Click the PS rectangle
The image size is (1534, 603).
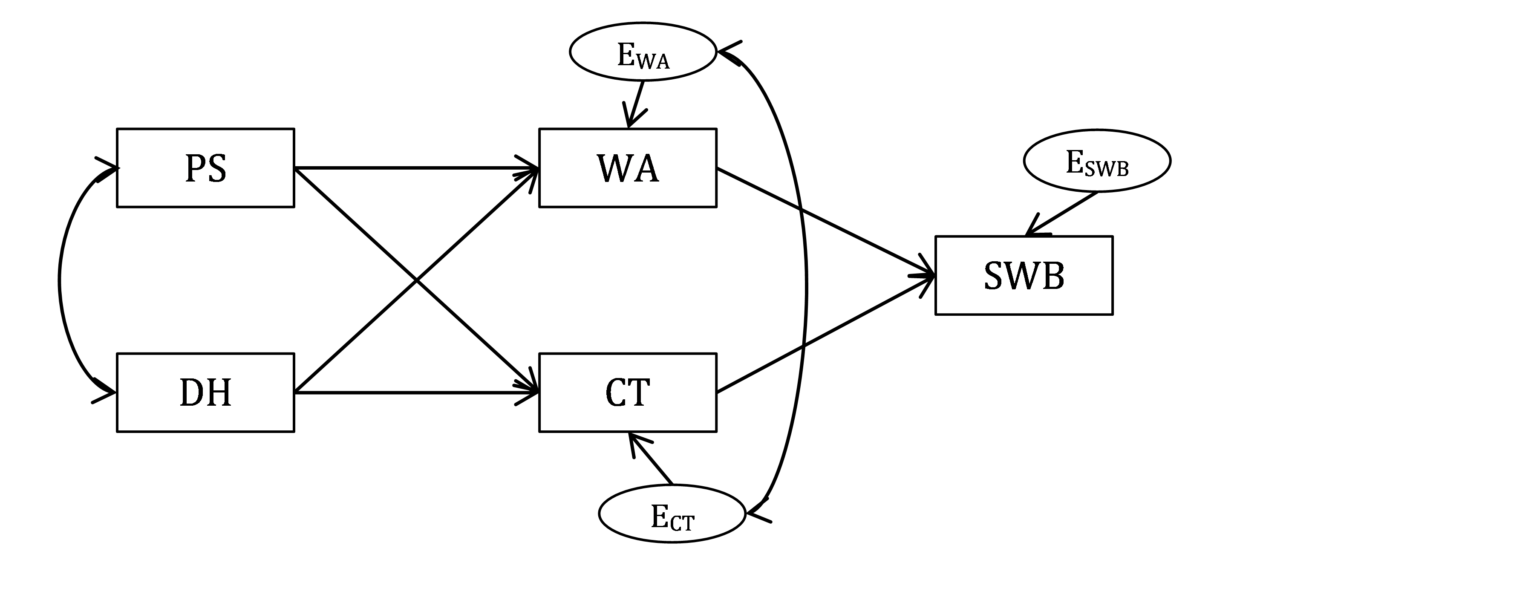tap(205, 168)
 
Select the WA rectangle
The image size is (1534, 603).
tap(628, 168)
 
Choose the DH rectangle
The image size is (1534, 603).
tap(205, 392)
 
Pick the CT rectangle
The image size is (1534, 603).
tap(628, 392)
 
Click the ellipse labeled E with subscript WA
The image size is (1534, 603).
tap(643, 52)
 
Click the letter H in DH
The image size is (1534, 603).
tap(219, 393)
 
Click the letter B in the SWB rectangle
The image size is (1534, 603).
tap(1052, 276)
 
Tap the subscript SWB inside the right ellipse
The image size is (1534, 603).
tap(1107, 170)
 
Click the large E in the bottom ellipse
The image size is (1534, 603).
tap(659, 516)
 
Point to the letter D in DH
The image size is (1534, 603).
tap(192, 393)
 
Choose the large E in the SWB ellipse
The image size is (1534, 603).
tap(1074, 162)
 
